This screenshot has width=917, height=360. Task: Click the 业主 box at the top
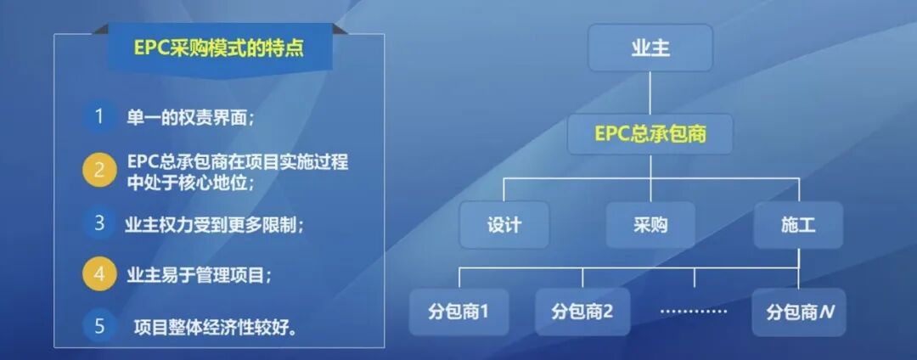(650, 48)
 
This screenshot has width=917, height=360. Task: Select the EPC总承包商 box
(650, 134)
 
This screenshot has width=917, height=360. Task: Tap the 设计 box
(504, 225)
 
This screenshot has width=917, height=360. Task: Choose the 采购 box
(650, 225)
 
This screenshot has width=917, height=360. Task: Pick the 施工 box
(798, 225)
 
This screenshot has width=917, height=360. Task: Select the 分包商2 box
(582, 311)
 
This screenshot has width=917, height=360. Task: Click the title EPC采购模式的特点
(219, 48)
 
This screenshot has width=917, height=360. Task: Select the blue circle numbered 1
(99, 116)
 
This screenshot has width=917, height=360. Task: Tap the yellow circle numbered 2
(99, 170)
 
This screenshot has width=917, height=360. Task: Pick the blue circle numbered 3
(99, 223)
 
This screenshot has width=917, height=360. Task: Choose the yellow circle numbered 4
(99, 274)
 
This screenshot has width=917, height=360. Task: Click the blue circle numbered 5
(99, 325)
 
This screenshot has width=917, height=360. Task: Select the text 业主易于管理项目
(200, 275)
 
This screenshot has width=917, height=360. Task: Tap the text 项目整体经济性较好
(217, 327)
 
